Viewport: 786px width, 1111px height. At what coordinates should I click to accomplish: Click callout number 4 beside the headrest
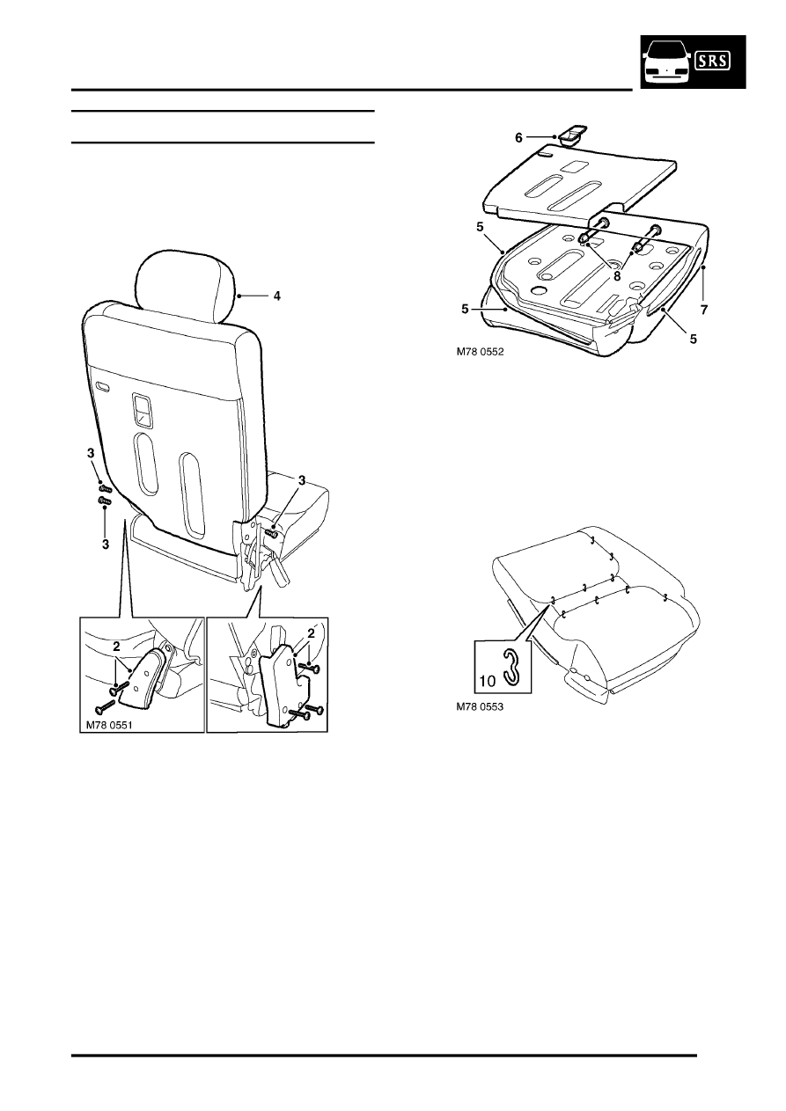click(277, 296)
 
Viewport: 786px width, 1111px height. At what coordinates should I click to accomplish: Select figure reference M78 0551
click(108, 725)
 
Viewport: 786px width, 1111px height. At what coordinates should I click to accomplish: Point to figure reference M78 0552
click(480, 352)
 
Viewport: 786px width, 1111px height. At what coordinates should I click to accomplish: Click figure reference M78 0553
click(480, 707)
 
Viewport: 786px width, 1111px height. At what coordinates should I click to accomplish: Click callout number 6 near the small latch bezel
click(519, 137)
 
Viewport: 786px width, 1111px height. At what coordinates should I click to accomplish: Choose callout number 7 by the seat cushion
click(703, 311)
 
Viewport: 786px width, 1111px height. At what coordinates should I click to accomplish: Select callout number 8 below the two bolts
click(617, 276)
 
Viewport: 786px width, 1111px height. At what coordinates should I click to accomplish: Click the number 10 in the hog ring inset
click(488, 681)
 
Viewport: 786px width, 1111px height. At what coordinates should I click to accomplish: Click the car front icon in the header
click(665, 62)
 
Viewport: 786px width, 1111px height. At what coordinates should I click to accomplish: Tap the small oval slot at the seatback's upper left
click(104, 386)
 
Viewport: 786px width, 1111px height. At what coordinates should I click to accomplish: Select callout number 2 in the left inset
click(116, 647)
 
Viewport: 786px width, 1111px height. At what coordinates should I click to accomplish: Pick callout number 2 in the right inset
click(311, 633)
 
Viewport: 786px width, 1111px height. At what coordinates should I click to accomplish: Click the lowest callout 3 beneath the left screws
click(106, 545)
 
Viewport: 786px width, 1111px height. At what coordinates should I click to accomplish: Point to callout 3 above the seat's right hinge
click(302, 479)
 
